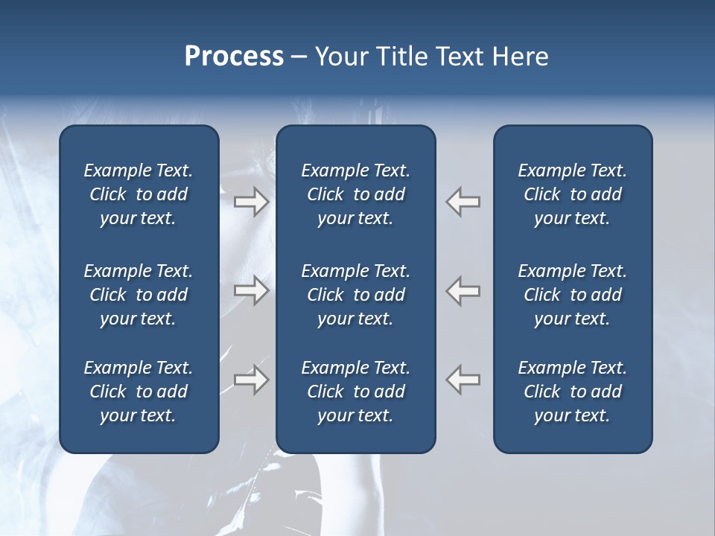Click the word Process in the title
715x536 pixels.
(234, 57)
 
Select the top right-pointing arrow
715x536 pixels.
(251, 202)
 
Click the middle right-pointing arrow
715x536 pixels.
(251, 290)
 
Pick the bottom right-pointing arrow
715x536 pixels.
(251, 380)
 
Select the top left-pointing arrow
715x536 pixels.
(463, 202)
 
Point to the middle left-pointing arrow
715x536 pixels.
(463, 290)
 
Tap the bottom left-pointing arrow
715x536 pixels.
(463, 380)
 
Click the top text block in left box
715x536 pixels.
(139, 194)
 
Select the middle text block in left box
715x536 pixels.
(139, 295)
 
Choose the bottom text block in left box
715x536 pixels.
(139, 392)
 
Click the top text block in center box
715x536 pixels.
(355, 194)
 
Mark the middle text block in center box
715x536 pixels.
(355, 295)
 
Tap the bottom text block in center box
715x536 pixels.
(355, 392)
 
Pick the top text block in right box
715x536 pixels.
(572, 194)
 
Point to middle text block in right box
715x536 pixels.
(572, 295)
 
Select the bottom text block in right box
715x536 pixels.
(572, 392)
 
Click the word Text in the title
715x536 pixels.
(460, 57)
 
